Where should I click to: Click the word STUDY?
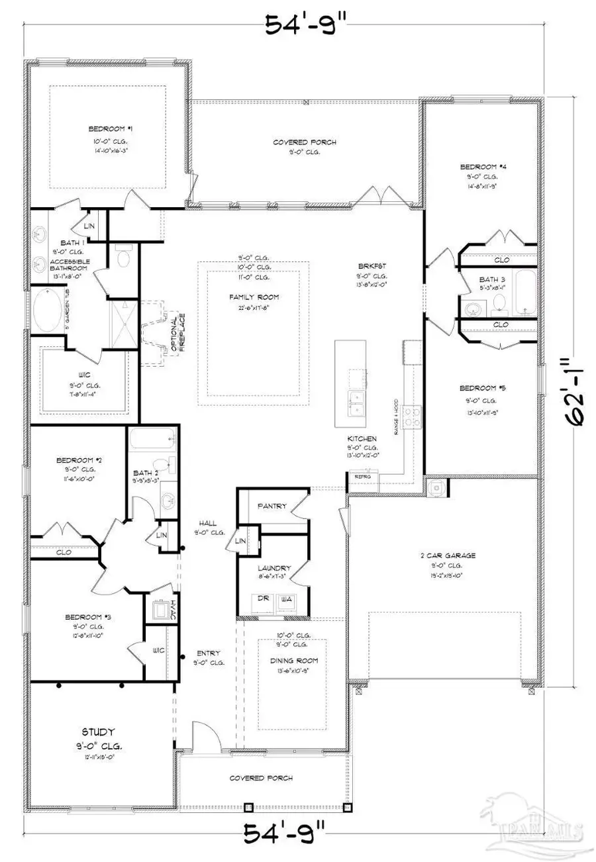click(x=98, y=732)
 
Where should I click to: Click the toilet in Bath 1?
click(x=123, y=257)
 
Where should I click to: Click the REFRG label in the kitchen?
click(x=362, y=476)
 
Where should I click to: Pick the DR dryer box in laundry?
click(x=264, y=599)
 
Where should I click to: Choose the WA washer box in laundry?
click(x=287, y=599)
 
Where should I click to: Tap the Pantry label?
click(x=272, y=506)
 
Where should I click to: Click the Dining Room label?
click(x=293, y=661)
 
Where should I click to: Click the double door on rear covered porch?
click(x=375, y=196)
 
